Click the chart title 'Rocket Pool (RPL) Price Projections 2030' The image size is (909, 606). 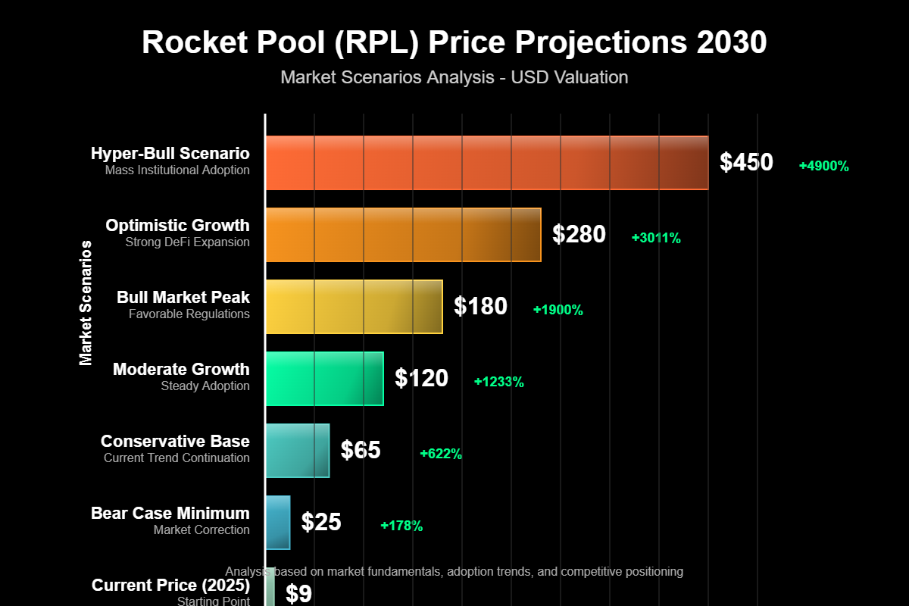pos(454,43)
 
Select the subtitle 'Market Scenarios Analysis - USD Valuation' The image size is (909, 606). pos(454,77)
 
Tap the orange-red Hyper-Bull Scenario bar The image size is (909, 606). pos(486,163)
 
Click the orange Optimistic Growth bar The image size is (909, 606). pos(403,235)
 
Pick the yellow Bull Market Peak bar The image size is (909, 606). pos(354,307)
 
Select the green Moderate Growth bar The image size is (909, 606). pos(324,379)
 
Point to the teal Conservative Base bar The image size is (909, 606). pos(298,451)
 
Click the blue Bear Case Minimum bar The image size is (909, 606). pos(278,523)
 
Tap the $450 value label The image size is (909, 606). pos(746,163)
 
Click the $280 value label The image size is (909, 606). pos(579,235)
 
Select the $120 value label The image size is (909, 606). pos(421,379)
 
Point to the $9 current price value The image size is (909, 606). pos(298,594)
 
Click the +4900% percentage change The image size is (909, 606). pos(823,167)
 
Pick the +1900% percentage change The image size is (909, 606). pos(558,311)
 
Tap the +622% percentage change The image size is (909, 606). pos(441,454)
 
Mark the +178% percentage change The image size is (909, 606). pos(401,526)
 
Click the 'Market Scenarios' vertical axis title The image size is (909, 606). pos(86,303)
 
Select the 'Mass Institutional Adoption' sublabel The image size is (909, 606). pos(177,170)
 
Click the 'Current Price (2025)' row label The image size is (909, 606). pos(170,586)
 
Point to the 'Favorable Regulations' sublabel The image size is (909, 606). pos(189,314)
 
